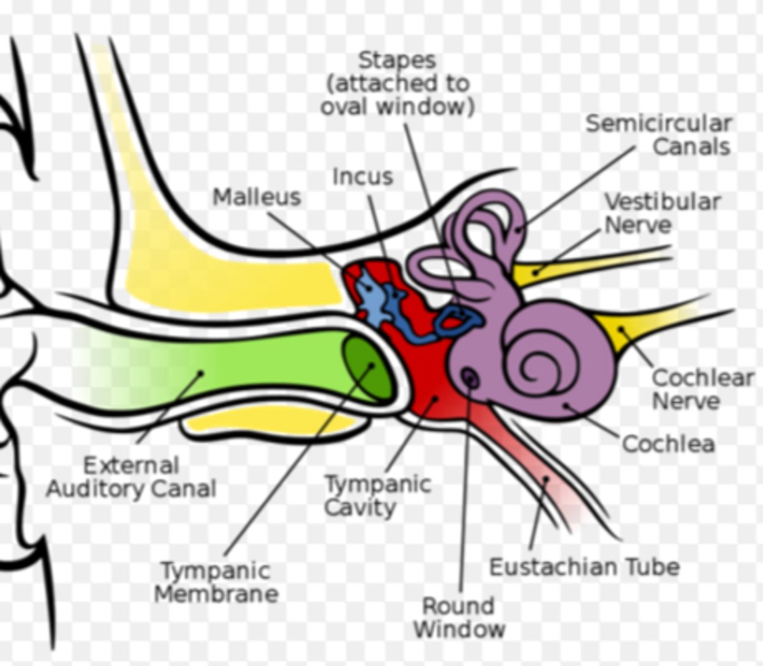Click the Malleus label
pyautogui.click(x=256, y=198)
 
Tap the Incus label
pyautogui.click(x=363, y=177)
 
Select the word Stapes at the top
pyautogui.click(x=397, y=60)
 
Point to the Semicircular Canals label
pyautogui.click(x=659, y=135)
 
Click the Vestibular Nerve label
pyautogui.click(x=661, y=213)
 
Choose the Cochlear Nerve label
pyautogui.click(x=702, y=389)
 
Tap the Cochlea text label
pyautogui.click(x=668, y=444)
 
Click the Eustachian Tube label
pyautogui.click(x=584, y=567)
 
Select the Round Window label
pyautogui.click(x=459, y=617)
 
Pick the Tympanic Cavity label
pyautogui.click(x=377, y=496)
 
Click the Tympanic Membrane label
pyautogui.click(x=216, y=582)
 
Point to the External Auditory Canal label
pyautogui.click(x=131, y=477)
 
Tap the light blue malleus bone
pyautogui.click(x=372, y=300)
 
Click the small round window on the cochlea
pyautogui.click(x=471, y=379)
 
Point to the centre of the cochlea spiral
pyautogui.click(x=535, y=366)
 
